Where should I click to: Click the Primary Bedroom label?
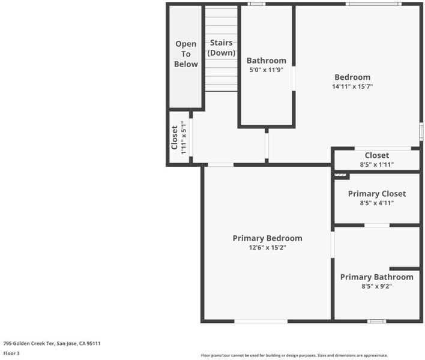[267, 238]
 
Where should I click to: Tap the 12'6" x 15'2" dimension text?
[268, 248]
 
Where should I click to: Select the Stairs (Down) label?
[222, 47]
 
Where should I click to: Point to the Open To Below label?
[186, 54]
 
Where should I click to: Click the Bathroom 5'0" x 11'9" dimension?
[266, 70]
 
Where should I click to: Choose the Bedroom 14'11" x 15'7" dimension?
[352, 86]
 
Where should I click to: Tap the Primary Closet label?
[377, 194]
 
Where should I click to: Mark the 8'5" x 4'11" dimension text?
[377, 203]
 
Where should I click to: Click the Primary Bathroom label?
[377, 277]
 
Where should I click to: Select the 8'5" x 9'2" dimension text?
[377, 286]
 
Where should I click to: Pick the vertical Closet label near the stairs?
[174, 137]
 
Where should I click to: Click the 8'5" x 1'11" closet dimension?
[377, 164]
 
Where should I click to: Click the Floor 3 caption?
[11, 353]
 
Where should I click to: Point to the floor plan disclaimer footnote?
[294, 355]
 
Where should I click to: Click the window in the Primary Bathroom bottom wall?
[377, 321]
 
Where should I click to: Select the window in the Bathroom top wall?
[256, 4]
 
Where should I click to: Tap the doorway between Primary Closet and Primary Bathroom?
[377, 226]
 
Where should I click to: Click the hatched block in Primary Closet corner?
[340, 175]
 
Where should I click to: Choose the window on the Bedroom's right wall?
[421, 131]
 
